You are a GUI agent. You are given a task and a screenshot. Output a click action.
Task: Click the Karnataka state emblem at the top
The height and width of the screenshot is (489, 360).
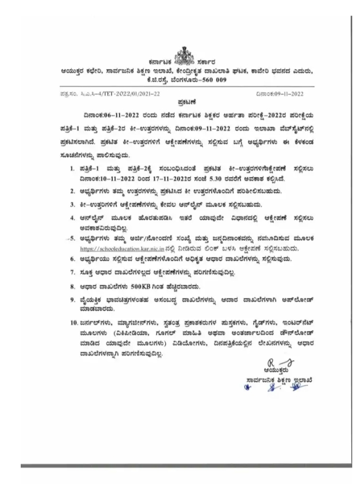[x=182, y=54]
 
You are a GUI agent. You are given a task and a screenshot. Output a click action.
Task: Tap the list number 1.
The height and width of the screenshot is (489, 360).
[x=71, y=169]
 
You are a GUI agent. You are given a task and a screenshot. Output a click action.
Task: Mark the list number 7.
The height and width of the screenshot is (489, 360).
[x=71, y=271]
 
